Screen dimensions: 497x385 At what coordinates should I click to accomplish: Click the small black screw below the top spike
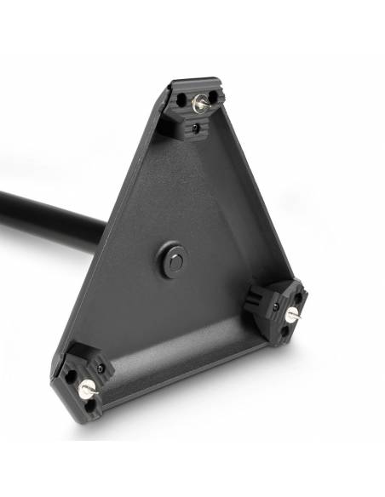click(197, 129)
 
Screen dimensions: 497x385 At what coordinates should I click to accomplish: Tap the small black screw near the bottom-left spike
click(101, 368)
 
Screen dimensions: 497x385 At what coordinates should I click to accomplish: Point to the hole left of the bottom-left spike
click(68, 372)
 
